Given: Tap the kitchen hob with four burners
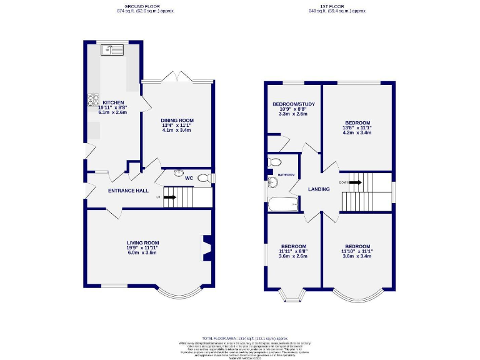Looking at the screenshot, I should [93, 98].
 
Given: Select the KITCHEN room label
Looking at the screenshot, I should [113, 102].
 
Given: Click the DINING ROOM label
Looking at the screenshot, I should [177, 120].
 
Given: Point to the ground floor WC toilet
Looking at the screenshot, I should [202, 179].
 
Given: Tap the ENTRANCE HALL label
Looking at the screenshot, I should [128, 191].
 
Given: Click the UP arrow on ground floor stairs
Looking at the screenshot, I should [169, 197].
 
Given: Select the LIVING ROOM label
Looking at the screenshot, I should [143, 242].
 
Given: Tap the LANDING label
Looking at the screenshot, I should [318, 189].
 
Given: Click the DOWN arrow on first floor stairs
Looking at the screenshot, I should [354, 182].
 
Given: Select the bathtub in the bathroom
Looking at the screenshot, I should [283, 204].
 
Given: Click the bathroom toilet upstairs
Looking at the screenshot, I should [274, 162].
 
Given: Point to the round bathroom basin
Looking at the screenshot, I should [272, 182].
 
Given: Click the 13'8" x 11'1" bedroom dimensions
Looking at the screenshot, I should [357, 127].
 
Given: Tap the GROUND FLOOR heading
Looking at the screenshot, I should [144, 6].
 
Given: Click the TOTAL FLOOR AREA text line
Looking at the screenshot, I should [239, 337].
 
